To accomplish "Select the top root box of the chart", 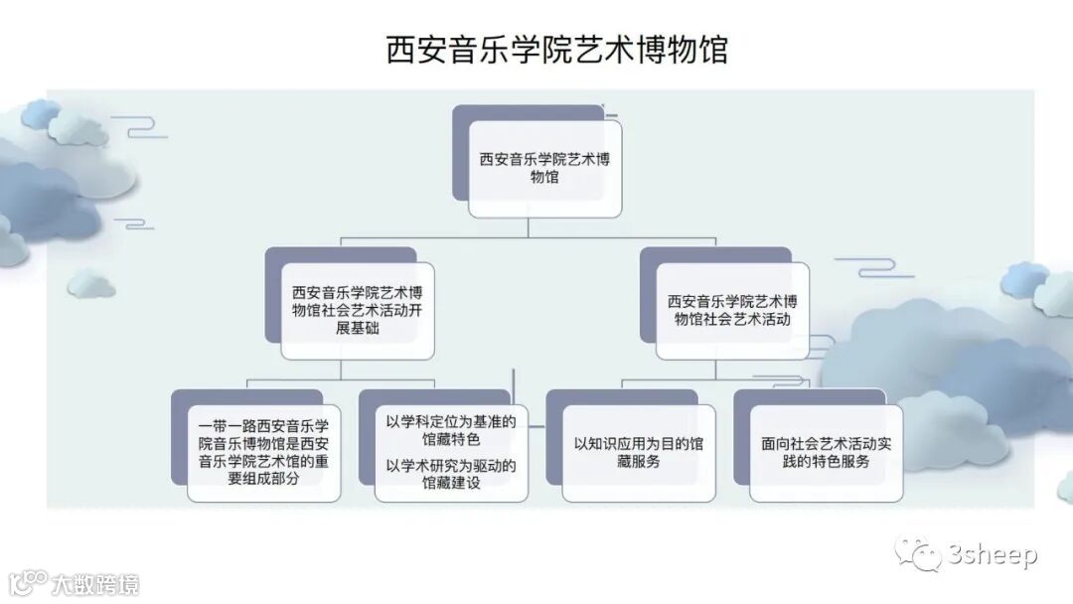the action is pyautogui.click(x=544, y=168).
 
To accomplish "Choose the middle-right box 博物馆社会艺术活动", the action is pyautogui.click(x=732, y=311).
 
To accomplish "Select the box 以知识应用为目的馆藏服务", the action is pyautogui.click(x=638, y=452).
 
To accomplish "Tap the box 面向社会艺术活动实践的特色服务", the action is pyautogui.click(x=826, y=452).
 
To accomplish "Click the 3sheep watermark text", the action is pyautogui.click(x=991, y=555).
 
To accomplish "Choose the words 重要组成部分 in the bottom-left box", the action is pyautogui.click(x=263, y=478).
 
